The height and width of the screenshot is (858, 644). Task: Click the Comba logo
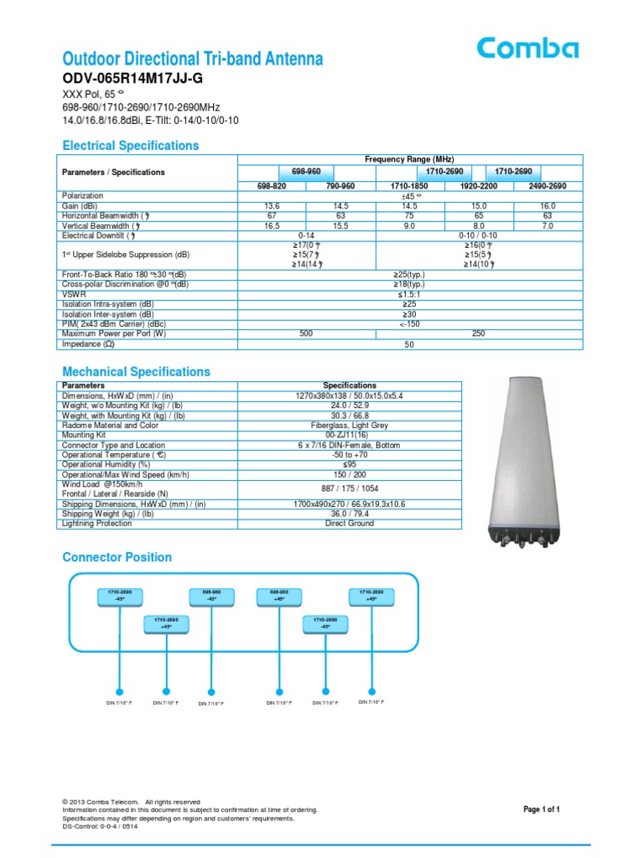(527, 49)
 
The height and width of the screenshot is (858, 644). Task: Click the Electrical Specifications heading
(131, 146)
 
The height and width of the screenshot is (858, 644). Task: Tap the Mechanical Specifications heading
(137, 372)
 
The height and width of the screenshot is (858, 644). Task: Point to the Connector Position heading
(117, 557)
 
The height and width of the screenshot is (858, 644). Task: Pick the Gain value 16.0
(548, 205)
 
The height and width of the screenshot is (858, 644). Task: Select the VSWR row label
(74, 294)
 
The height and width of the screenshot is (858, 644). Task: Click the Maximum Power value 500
(307, 333)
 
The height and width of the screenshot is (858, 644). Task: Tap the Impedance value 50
(409, 344)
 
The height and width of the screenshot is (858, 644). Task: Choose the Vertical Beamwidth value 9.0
(409, 225)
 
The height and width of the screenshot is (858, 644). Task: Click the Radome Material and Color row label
(111, 426)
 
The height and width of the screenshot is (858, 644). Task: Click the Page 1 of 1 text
(542, 809)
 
